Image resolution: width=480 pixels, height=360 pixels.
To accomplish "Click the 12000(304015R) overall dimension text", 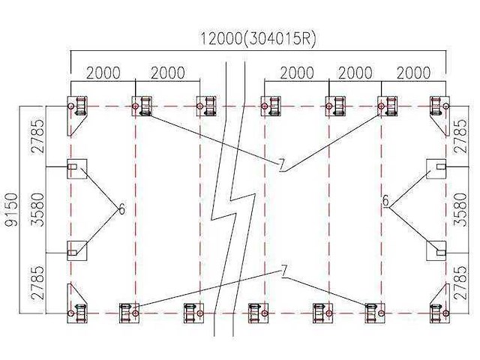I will (256, 39).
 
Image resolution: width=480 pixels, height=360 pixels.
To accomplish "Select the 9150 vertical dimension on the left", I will (9, 211).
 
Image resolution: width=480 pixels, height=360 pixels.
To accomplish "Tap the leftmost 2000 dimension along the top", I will (103, 73).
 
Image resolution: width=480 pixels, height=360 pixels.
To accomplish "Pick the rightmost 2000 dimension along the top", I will (413, 73).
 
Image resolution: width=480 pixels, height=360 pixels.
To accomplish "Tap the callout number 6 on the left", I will (121, 208).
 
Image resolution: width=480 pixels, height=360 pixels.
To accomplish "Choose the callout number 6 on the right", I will (385, 202).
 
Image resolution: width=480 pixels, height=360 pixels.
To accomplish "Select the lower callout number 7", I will (284, 271).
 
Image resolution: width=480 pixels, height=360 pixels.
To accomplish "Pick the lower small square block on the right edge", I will (437, 250).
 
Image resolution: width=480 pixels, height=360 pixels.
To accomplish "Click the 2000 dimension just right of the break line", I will (297, 73).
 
